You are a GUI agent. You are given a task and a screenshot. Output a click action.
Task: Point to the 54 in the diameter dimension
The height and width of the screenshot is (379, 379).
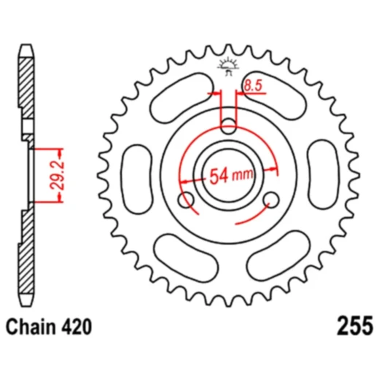tap(221, 176)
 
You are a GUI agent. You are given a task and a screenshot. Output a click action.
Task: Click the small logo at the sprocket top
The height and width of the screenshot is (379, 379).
tap(227, 68)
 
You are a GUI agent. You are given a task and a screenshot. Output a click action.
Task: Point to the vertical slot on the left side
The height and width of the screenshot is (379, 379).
tap(136, 171)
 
